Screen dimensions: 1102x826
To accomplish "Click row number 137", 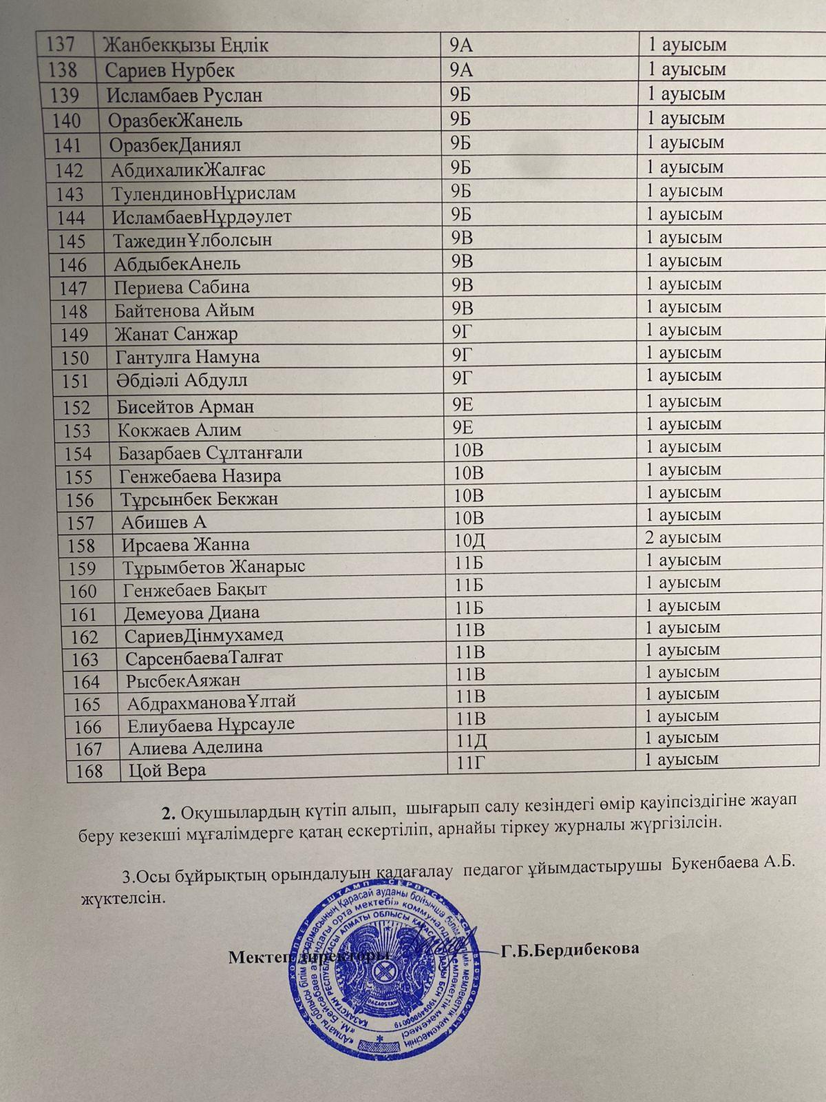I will pos(60,45).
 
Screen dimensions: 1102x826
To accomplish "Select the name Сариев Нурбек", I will pos(170,70).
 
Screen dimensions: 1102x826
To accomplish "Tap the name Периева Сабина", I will pos(182,287).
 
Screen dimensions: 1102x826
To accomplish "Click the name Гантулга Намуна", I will pos(187,357).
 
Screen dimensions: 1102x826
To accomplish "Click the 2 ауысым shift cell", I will pos(683,537).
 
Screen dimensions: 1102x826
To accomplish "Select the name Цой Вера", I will pos(167,769).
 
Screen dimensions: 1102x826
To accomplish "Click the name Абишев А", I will pos(164,522).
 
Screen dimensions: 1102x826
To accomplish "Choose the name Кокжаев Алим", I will pos(179,430).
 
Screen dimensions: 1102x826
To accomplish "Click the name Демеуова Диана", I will pos(191,612).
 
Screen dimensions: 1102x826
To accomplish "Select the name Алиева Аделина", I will pos(195,747).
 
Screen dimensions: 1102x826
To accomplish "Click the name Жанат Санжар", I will pos(177,334).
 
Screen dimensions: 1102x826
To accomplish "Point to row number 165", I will pos(85,705).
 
